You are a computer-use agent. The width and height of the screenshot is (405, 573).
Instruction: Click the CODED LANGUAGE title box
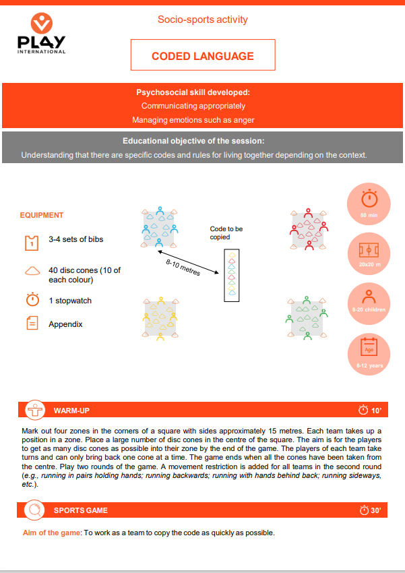[203, 55]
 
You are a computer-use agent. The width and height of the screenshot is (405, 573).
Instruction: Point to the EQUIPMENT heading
[42, 216]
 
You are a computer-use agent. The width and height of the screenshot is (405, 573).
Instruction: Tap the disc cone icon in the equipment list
[32, 272]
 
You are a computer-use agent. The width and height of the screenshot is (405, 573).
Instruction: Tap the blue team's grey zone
[158, 227]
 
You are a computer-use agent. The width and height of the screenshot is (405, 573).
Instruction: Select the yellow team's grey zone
[159, 316]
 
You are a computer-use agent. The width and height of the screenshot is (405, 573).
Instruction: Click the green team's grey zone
[307, 316]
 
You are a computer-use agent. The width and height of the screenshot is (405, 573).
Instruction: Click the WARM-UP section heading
[71, 410]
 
